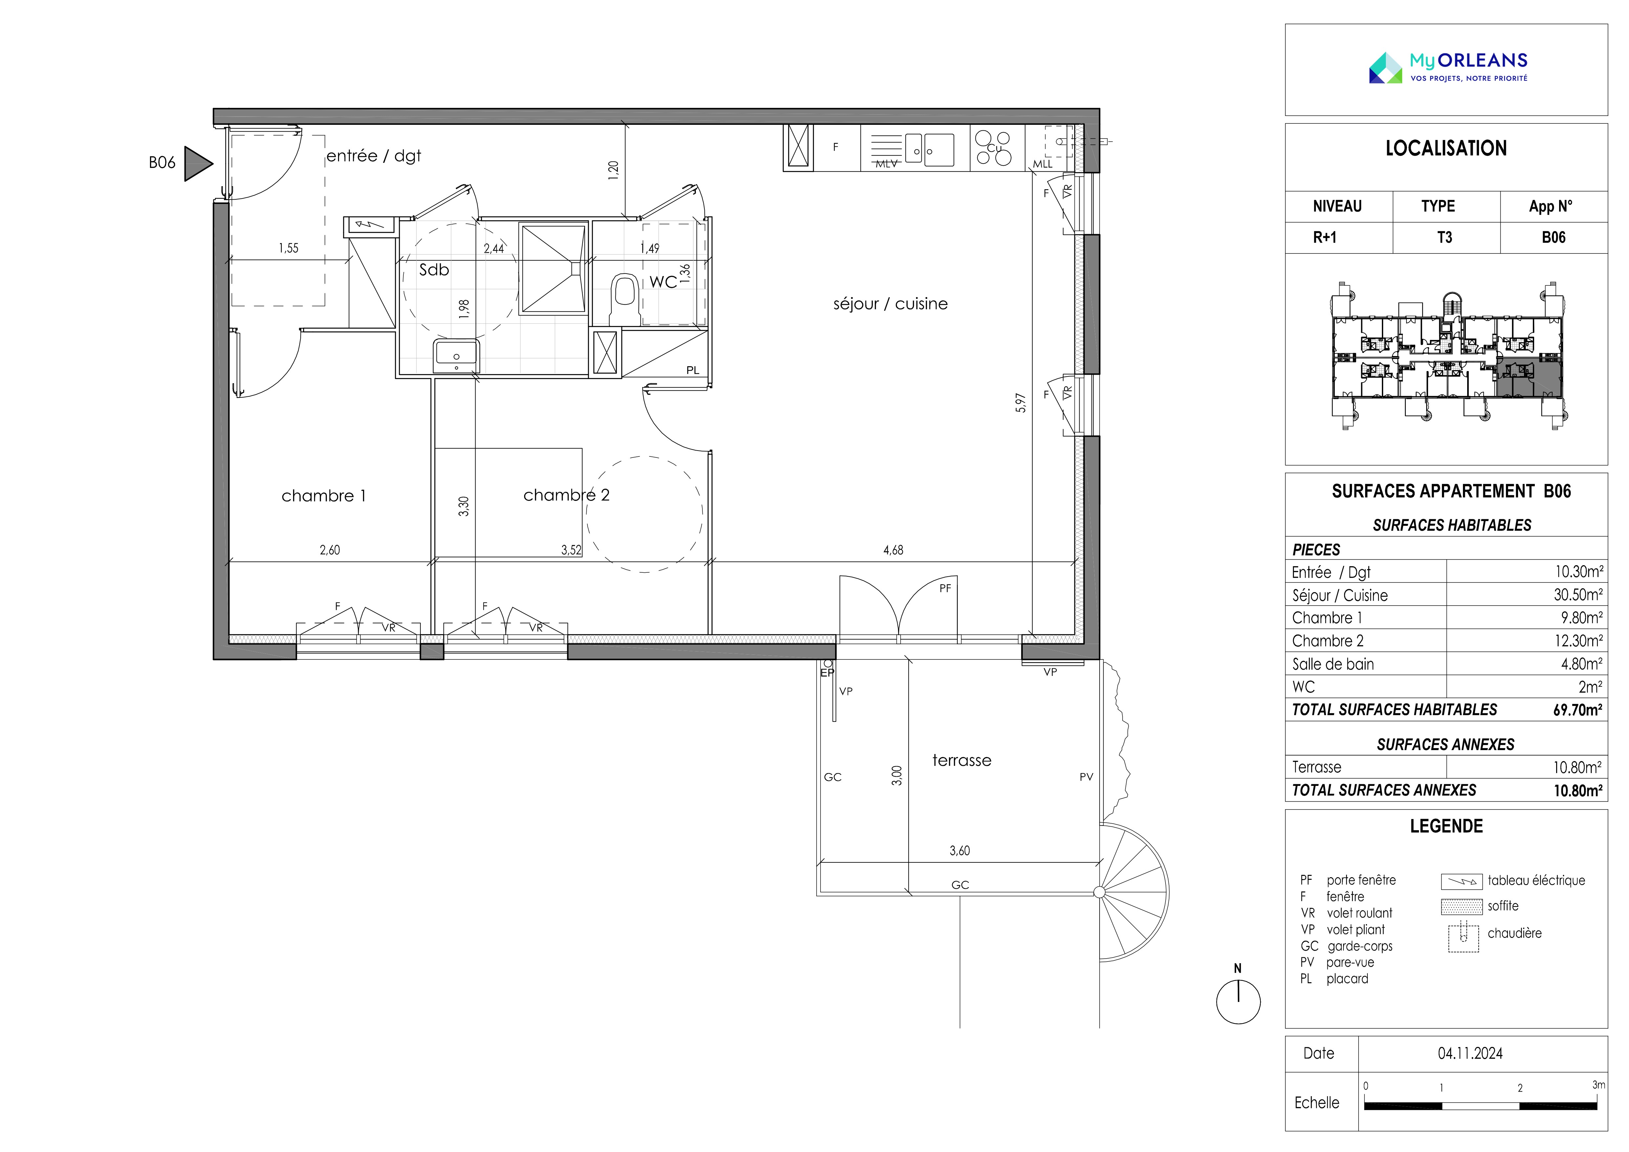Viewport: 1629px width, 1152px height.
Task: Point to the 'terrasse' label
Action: [x=961, y=760]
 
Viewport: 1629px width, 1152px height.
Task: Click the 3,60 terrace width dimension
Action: [x=959, y=850]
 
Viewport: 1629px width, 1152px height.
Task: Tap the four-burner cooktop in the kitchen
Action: [x=993, y=148]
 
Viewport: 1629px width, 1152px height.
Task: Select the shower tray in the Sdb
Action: [x=553, y=268]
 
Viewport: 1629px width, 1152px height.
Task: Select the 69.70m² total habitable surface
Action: [x=1577, y=710]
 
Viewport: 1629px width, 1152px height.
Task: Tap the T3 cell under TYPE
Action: [x=1445, y=238]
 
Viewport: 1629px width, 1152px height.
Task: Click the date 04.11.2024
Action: [x=1470, y=1053]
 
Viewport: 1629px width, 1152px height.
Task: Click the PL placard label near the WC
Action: [x=693, y=370]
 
